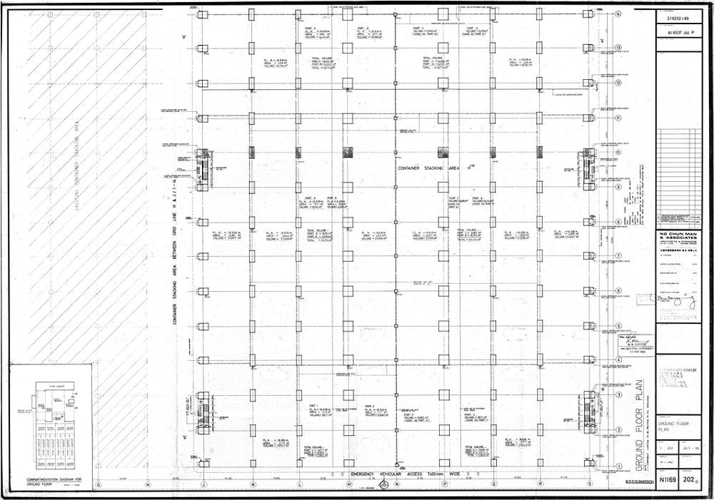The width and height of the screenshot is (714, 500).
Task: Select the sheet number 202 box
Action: point(690,481)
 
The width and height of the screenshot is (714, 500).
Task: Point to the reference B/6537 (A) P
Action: point(678,33)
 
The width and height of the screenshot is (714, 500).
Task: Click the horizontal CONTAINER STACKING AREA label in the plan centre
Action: point(428,168)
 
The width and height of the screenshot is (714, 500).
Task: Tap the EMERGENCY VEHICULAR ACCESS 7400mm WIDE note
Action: point(400,474)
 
